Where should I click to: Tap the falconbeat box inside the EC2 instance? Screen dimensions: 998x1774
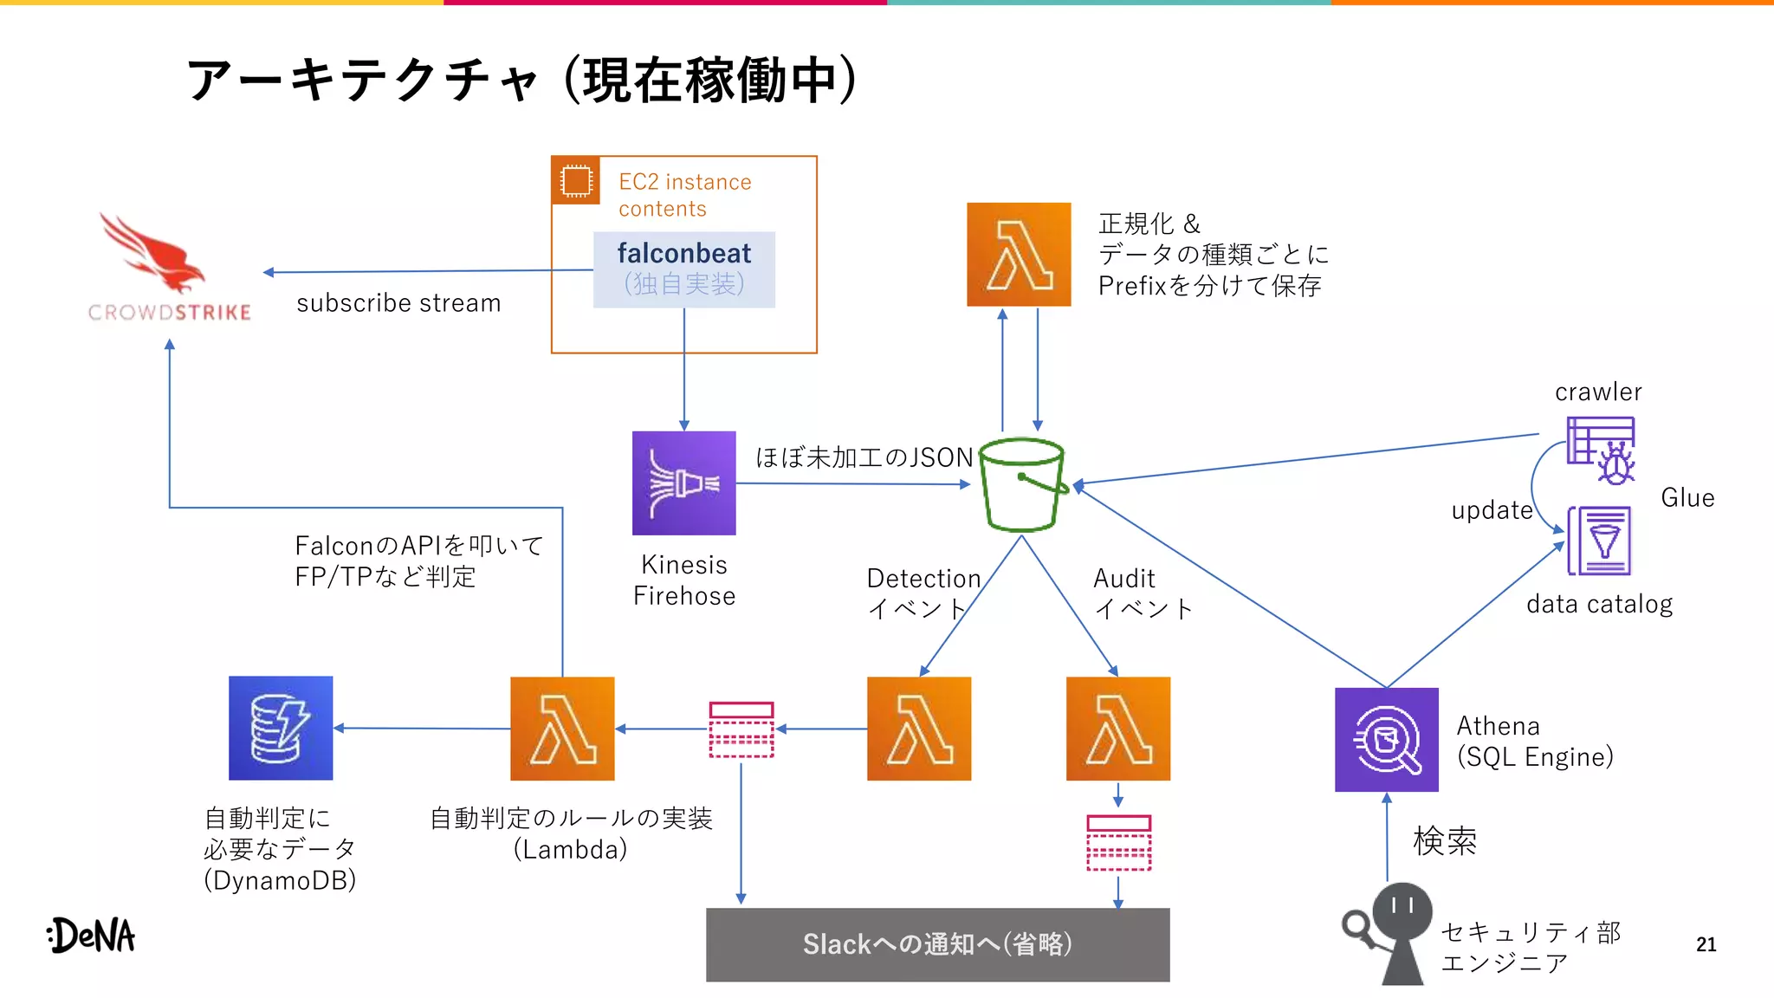coord(683,269)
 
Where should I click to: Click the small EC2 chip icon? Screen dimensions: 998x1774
coord(576,181)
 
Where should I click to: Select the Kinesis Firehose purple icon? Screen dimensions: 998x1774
coord(683,483)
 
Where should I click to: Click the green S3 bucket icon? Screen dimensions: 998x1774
coord(1022,485)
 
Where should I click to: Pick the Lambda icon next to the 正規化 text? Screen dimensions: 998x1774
coord(1019,254)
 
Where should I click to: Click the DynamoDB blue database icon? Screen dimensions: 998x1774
coord(281,728)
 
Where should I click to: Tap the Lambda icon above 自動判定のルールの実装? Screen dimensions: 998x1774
coord(562,729)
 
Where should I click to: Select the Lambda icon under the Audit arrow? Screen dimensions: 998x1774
coord(1117,729)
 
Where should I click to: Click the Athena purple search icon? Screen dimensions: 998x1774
coord(1386,739)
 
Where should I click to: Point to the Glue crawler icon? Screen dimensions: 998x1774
coord(1601,450)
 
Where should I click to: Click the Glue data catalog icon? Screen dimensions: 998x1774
coord(1600,541)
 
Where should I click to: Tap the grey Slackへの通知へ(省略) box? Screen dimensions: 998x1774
coord(937,944)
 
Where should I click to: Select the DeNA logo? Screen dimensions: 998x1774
coord(92,935)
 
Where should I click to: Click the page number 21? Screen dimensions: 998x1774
coord(1706,944)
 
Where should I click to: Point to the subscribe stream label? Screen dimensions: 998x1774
coord(398,303)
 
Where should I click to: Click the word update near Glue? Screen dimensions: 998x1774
coord(1492,510)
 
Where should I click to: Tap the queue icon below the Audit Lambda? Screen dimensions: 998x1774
coord(1118,842)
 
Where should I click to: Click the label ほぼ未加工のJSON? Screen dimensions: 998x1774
coord(864,457)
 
